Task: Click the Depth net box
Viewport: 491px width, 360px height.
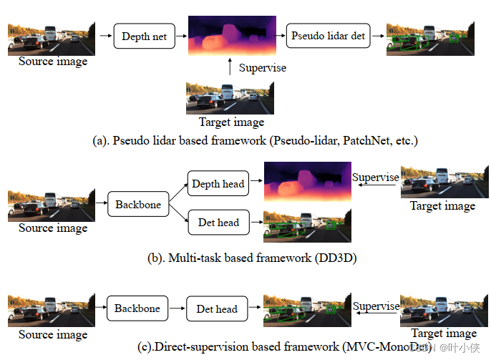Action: coord(144,36)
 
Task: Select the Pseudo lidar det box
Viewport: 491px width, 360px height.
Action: coord(327,35)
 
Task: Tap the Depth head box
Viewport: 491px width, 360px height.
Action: coord(218,184)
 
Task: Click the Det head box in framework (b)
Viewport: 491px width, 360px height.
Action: coord(218,222)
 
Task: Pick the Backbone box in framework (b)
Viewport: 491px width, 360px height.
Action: coord(138,205)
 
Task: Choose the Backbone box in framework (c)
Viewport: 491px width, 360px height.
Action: coord(137,308)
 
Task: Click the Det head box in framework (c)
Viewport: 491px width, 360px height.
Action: coord(216,309)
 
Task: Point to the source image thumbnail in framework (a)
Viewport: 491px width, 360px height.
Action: coord(52,39)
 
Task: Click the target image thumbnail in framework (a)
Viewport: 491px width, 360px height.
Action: coord(230,98)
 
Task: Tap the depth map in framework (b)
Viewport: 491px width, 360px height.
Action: coord(307,182)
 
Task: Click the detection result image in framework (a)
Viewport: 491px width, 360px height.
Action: coord(430,39)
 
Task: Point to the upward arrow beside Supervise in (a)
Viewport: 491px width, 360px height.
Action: coord(229,67)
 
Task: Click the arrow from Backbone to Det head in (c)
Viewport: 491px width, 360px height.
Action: coord(177,309)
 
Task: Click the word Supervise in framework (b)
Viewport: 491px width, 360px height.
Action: coord(375,177)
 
